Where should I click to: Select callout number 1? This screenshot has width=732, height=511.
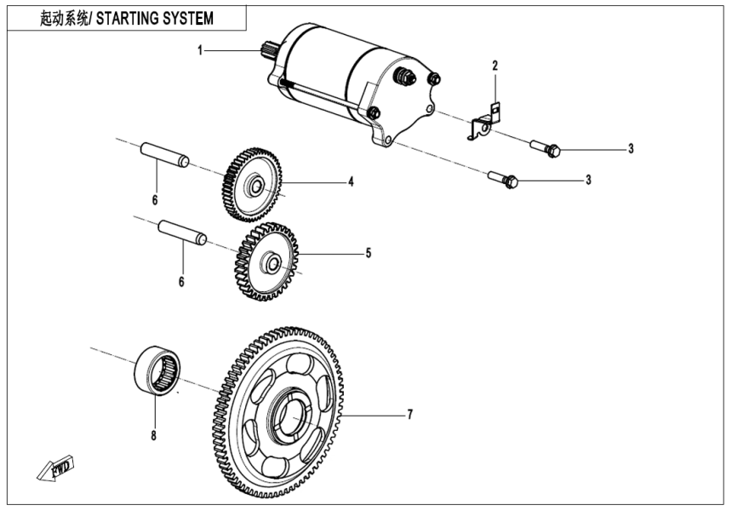200,51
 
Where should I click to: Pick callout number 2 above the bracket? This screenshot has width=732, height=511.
494,66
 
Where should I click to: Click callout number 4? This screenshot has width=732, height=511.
350,181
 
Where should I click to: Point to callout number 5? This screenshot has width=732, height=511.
368,253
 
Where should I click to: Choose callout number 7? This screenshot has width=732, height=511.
409,415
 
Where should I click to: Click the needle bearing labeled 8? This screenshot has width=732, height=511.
159,370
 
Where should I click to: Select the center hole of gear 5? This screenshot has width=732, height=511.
272,261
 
